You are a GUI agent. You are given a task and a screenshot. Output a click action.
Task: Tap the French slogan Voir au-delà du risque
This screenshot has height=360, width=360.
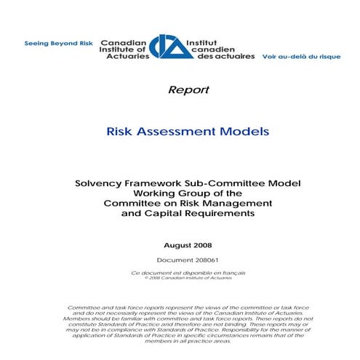299,55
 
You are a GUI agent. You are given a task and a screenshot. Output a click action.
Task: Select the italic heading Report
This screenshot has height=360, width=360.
188,90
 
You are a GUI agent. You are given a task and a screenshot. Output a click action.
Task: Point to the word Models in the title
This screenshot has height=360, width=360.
244,132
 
